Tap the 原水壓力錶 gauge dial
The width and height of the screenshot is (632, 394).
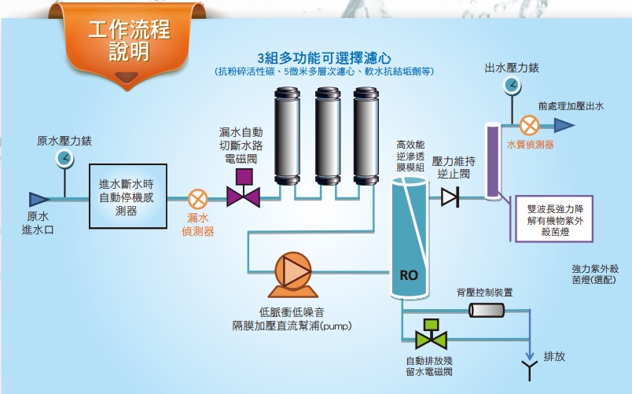click(x=64, y=159)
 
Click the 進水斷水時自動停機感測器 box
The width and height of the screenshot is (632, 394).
click(x=127, y=197)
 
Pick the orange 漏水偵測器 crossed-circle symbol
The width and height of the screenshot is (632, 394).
click(x=198, y=198)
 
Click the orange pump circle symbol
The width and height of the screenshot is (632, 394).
click(x=296, y=270)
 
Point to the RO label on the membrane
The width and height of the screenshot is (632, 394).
click(x=408, y=275)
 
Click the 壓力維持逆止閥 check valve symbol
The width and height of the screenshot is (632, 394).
click(x=450, y=197)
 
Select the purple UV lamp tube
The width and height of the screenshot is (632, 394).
click(x=493, y=157)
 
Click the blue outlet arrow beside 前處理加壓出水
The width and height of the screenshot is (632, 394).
click(x=564, y=124)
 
